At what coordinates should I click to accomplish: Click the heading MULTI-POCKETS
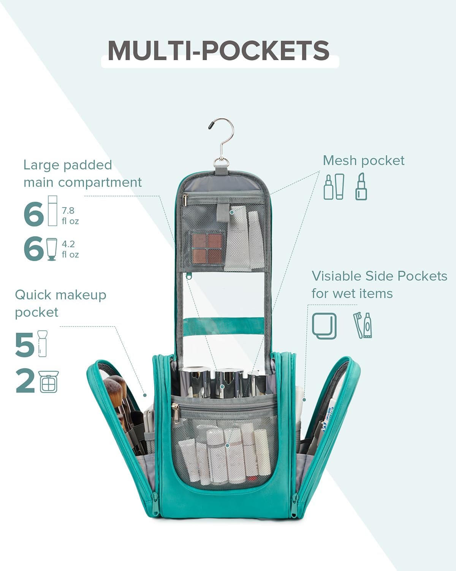[x=218, y=50]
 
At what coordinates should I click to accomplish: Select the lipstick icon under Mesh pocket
[x=361, y=186]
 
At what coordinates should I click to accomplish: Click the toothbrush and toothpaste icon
[x=363, y=325]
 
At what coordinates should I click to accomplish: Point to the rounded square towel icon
[x=324, y=326]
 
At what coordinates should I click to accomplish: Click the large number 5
[x=25, y=345]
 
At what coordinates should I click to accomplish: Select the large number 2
[x=25, y=382]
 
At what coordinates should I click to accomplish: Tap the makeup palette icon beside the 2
[x=49, y=381]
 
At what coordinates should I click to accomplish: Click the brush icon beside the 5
[x=43, y=344]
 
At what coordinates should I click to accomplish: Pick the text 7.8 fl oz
[x=70, y=215]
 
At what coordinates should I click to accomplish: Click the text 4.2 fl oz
[x=70, y=249]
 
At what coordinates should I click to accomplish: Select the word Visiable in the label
[x=336, y=276]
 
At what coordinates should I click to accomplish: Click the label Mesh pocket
[x=363, y=161]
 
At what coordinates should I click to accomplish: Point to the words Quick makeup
[x=61, y=295]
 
